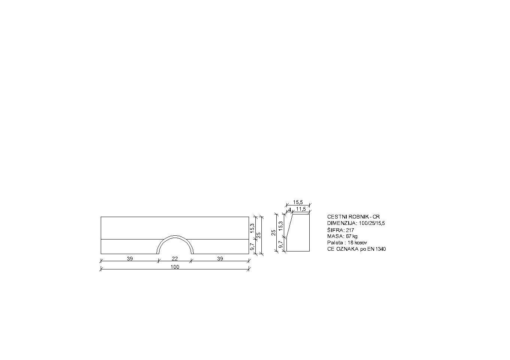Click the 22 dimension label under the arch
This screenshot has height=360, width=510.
click(174, 259)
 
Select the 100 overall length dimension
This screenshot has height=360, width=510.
click(175, 267)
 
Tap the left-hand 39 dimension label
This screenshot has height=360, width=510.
click(130, 259)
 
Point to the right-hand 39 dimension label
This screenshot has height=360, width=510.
click(220, 259)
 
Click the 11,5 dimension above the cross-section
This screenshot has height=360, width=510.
click(301, 209)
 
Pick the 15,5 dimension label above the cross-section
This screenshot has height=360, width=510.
click(298, 202)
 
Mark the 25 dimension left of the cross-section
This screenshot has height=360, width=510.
click(274, 232)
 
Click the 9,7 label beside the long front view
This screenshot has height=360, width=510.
click(252, 247)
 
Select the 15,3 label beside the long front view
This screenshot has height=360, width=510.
click(252, 228)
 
